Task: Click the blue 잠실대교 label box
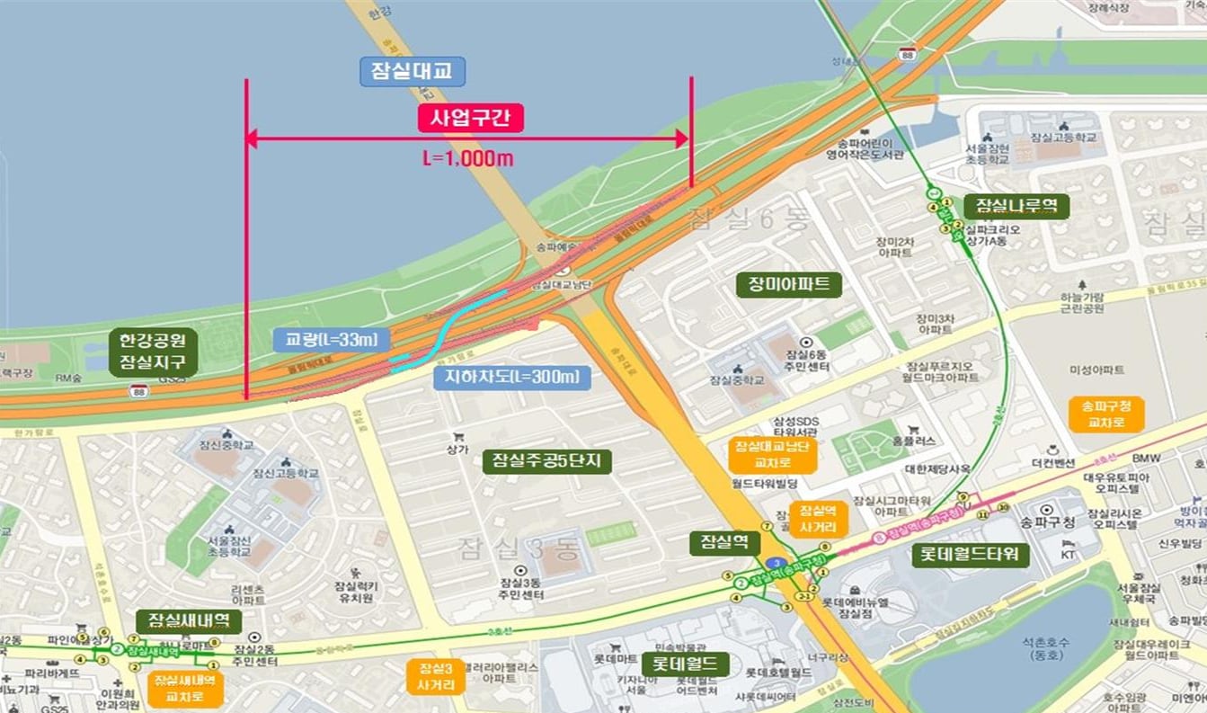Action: pos(413,72)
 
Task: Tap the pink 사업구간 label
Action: pos(470,118)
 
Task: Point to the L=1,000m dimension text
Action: pos(468,158)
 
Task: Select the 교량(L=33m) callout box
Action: pos(333,339)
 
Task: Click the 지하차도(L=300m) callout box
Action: pos(512,376)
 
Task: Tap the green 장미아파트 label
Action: pos(788,285)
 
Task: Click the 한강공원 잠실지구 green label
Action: pos(152,352)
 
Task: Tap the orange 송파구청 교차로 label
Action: pos(1106,413)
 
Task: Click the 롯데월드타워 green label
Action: pos(969,554)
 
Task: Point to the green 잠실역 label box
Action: pos(724,542)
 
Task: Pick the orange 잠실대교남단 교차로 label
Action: pos(772,455)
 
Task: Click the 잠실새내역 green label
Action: pos(189,620)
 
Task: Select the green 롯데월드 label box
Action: pos(684,664)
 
